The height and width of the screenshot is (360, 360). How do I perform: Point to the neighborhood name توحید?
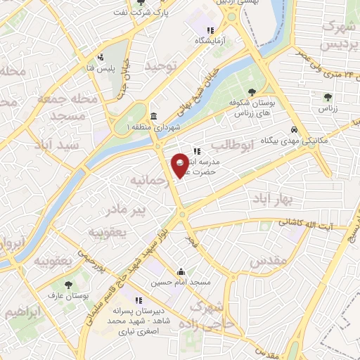pos(159,65)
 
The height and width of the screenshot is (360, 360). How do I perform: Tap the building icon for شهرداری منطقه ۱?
pos(154,116)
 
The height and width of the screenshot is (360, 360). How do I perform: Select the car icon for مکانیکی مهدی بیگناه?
pos(294,130)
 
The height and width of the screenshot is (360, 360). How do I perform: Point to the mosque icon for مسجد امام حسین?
pos(181,272)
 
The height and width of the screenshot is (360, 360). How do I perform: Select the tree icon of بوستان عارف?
pos(68,285)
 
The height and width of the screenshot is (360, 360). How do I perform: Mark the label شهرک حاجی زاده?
pos(210,316)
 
